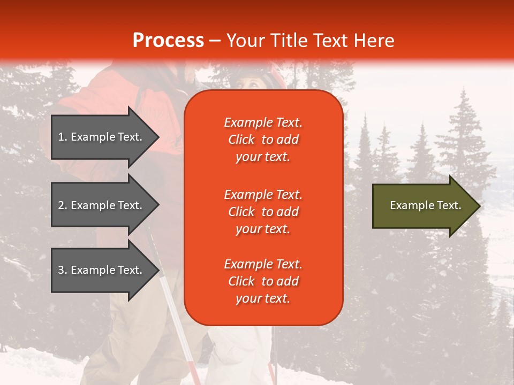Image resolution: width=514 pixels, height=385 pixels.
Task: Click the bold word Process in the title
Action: pos(168,41)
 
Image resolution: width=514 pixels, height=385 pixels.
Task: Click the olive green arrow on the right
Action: pos(423,205)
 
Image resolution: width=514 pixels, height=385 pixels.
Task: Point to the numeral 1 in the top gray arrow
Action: pos(61,137)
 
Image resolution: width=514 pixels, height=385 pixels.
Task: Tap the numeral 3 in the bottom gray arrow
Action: pos(61,270)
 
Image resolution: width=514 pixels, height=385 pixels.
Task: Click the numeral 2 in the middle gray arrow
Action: pos(61,205)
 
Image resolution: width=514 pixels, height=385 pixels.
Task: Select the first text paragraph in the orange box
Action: pos(263,140)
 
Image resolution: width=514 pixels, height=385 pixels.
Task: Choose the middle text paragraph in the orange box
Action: pos(263,212)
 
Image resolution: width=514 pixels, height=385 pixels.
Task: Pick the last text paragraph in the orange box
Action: pos(263,281)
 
